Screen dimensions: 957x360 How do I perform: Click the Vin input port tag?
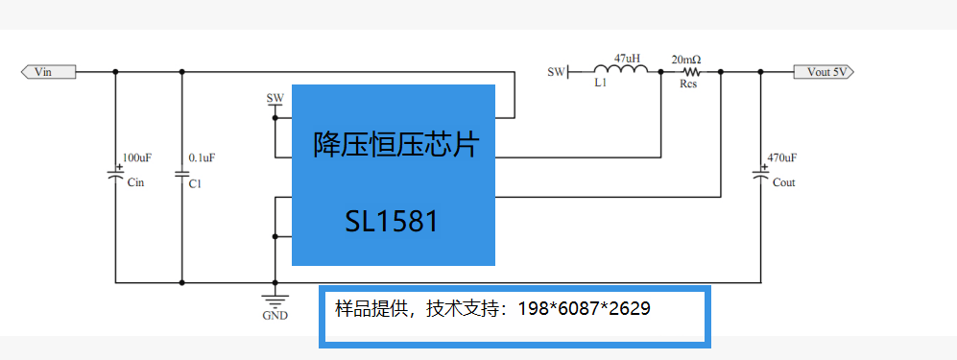pos(48,72)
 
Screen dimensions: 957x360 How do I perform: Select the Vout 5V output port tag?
pos(824,72)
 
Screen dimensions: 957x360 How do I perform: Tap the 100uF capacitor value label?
pos(137,157)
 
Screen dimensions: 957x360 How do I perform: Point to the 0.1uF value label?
pos(202,157)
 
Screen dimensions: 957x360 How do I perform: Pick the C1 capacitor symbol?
pos(181,174)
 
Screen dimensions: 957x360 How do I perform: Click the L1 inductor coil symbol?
pos(621,69)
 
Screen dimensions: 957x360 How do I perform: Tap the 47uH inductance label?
pos(627,59)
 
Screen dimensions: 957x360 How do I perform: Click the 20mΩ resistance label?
pos(686,60)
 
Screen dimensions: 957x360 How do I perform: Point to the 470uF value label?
pos(782,157)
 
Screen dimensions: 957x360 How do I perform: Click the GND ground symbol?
pos(275,300)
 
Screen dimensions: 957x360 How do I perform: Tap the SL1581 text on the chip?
pos(392,222)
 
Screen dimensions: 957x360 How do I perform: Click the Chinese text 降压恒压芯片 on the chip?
pos(396,146)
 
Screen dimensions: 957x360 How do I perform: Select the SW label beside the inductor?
pos(556,72)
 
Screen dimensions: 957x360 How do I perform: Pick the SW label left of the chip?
pos(275,98)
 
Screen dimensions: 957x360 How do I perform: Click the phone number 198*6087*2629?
pos(585,309)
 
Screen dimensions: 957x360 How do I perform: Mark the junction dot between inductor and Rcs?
pos(661,72)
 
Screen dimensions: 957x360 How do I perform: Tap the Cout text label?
pos(783,182)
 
